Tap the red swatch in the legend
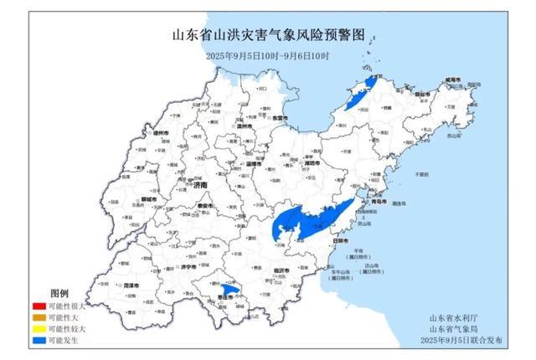coord(38,307)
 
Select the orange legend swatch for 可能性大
coord(38,319)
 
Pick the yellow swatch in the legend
coord(38,330)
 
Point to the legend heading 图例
coord(59,294)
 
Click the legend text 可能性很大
coord(66,307)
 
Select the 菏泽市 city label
coord(131,285)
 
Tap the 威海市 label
coord(453,80)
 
